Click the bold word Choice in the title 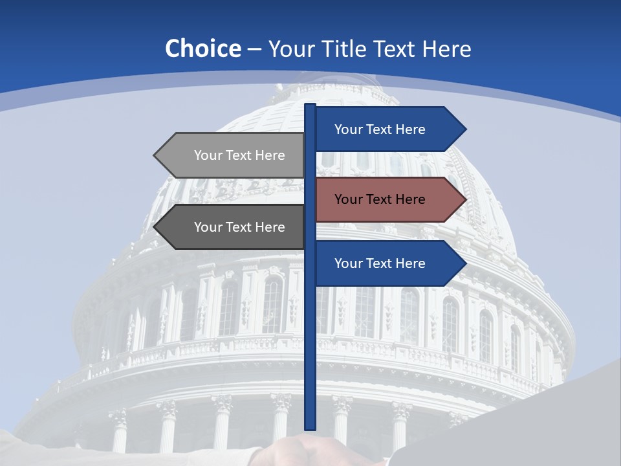(202, 49)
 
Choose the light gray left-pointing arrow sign (233, 155)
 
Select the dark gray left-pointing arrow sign (233, 227)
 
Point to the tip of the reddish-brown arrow (464, 199)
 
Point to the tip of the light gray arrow (156, 155)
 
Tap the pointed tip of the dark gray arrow (156, 227)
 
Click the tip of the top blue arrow (464, 129)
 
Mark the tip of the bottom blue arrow (464, 263)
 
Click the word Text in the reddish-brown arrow (380, 199)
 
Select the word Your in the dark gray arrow (208, 227)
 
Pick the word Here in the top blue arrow (409, 129)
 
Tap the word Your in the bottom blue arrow (348, 263)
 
